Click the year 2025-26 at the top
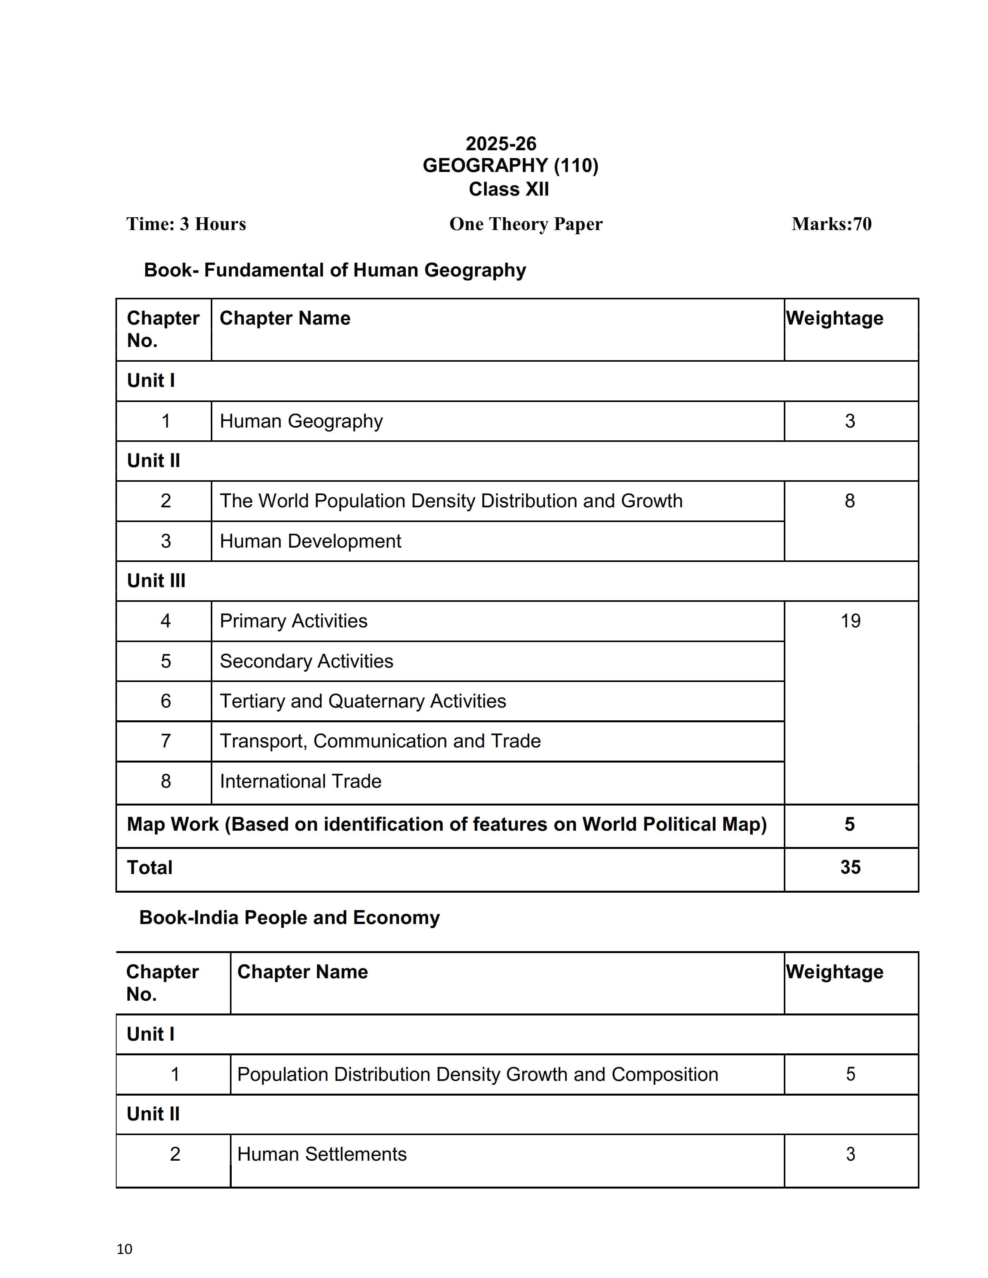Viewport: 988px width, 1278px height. click(x=501, y=143)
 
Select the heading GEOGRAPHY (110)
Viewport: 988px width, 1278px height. click(x=510, y=166)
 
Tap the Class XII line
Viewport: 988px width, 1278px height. click(x=509, y=189)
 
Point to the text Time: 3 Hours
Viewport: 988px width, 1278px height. click(x=186, y=224)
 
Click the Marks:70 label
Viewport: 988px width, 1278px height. click(x=831, y=224)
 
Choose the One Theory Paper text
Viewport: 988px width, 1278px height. click(x=526, y=224)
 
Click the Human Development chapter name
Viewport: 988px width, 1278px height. click(x=310, y=541)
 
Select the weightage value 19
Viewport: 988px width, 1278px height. click(x=850, y=621)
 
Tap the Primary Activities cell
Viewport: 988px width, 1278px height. click(x=293, y=621)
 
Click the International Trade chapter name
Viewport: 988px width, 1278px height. click(x=300, y=781)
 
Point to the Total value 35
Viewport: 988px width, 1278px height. click(x=850, y=867)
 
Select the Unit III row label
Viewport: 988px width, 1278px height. click(x=156, y=581)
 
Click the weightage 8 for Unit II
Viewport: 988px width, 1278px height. click(x=850, y=501)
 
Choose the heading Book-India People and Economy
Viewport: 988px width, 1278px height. click(x=289, y=917)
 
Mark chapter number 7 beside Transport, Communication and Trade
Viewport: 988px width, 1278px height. click(x=166, y=741)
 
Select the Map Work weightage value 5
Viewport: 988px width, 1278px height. click(x=850, y=825)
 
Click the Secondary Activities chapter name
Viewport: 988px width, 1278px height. click(x=306, y=661)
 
